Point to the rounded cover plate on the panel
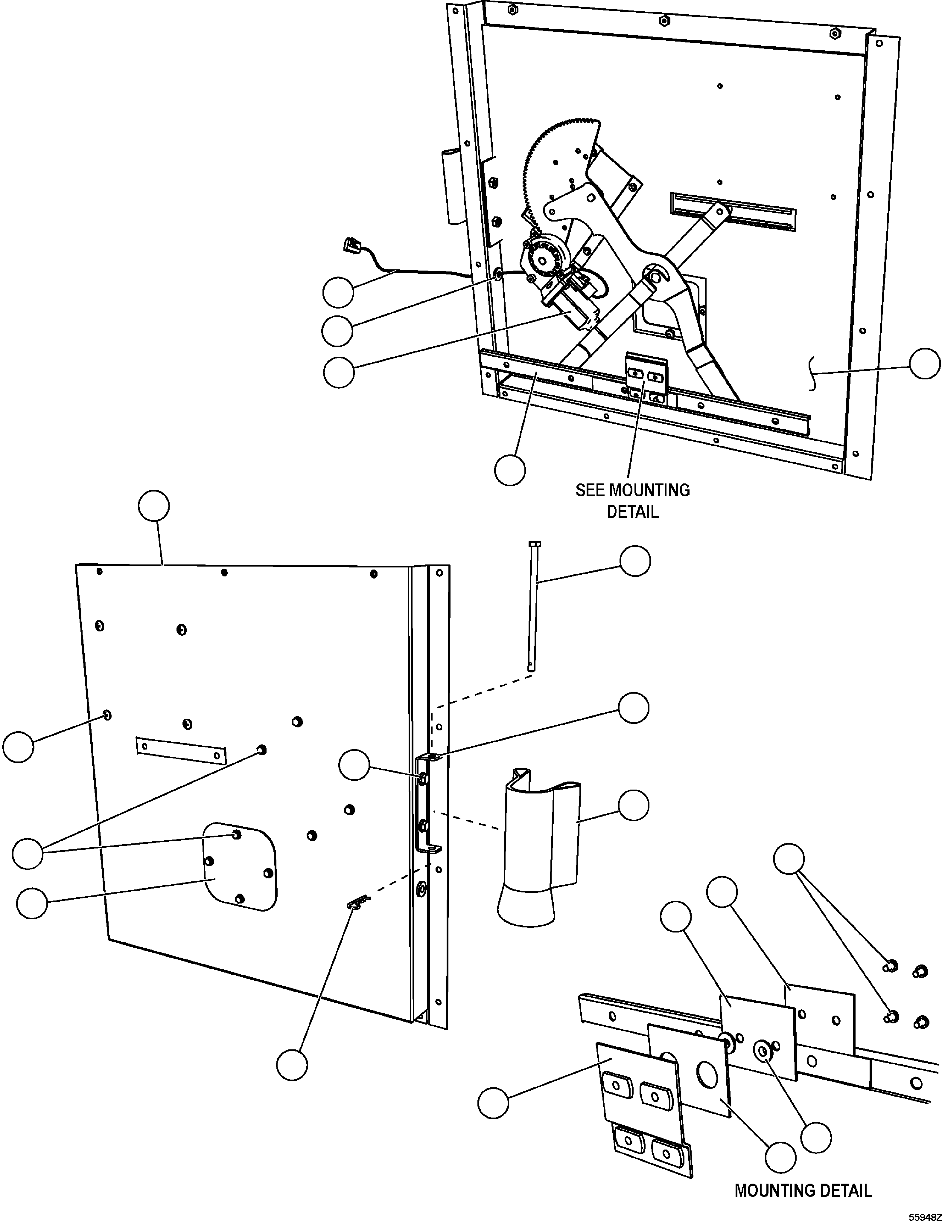[241, 866]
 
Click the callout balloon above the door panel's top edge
[154, 506]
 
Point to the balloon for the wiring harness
[338, 292]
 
